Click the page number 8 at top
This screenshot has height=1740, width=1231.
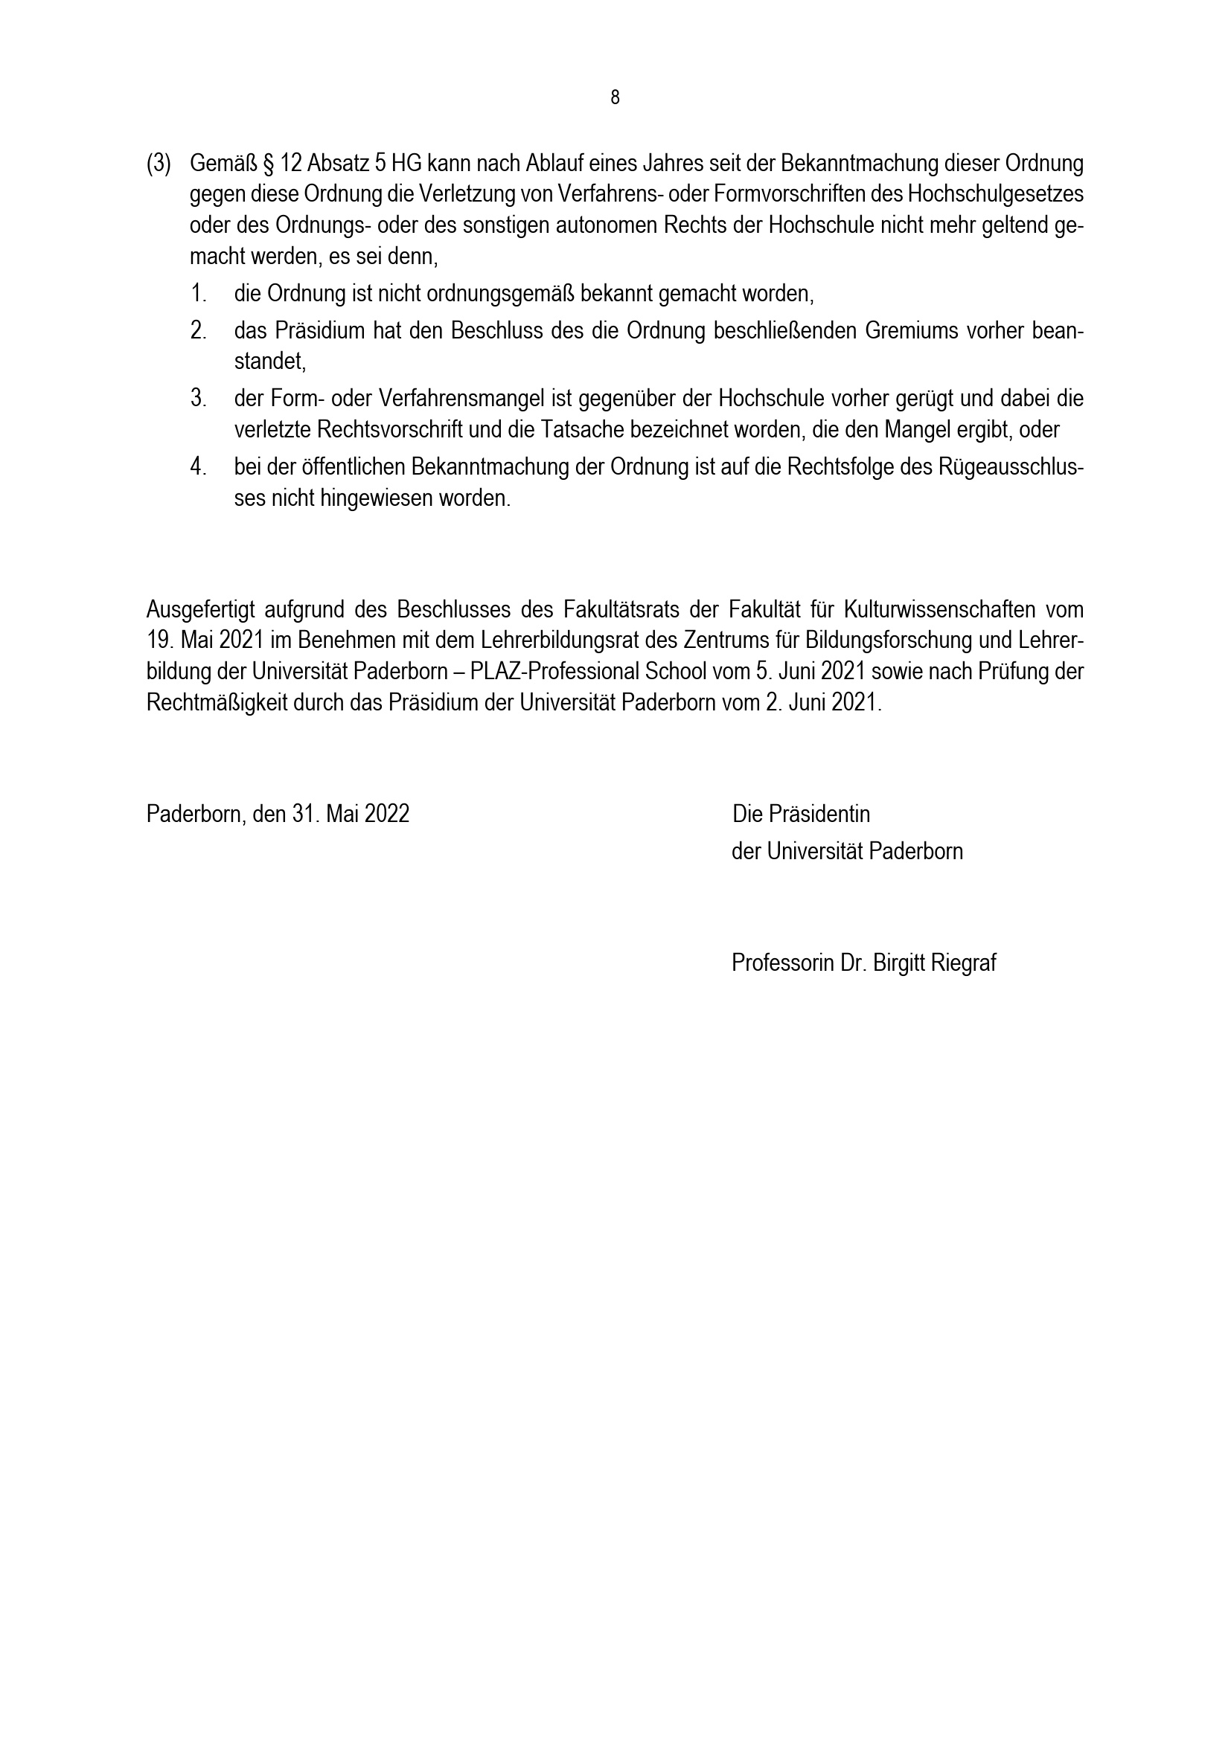click(x=615, y=97)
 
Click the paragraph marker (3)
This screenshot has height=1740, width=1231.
click(x=159, y=164)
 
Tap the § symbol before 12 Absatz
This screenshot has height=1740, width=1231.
click(x=268, y=164)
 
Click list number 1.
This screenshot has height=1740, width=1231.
click(x=199, y=293)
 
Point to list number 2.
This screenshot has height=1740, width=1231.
click(x=199, y=331)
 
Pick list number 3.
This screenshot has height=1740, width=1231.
click(x=199, y=399)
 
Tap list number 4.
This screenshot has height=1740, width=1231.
click(x=199, y=467)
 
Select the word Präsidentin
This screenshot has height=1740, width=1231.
click(x=819, y=814)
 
